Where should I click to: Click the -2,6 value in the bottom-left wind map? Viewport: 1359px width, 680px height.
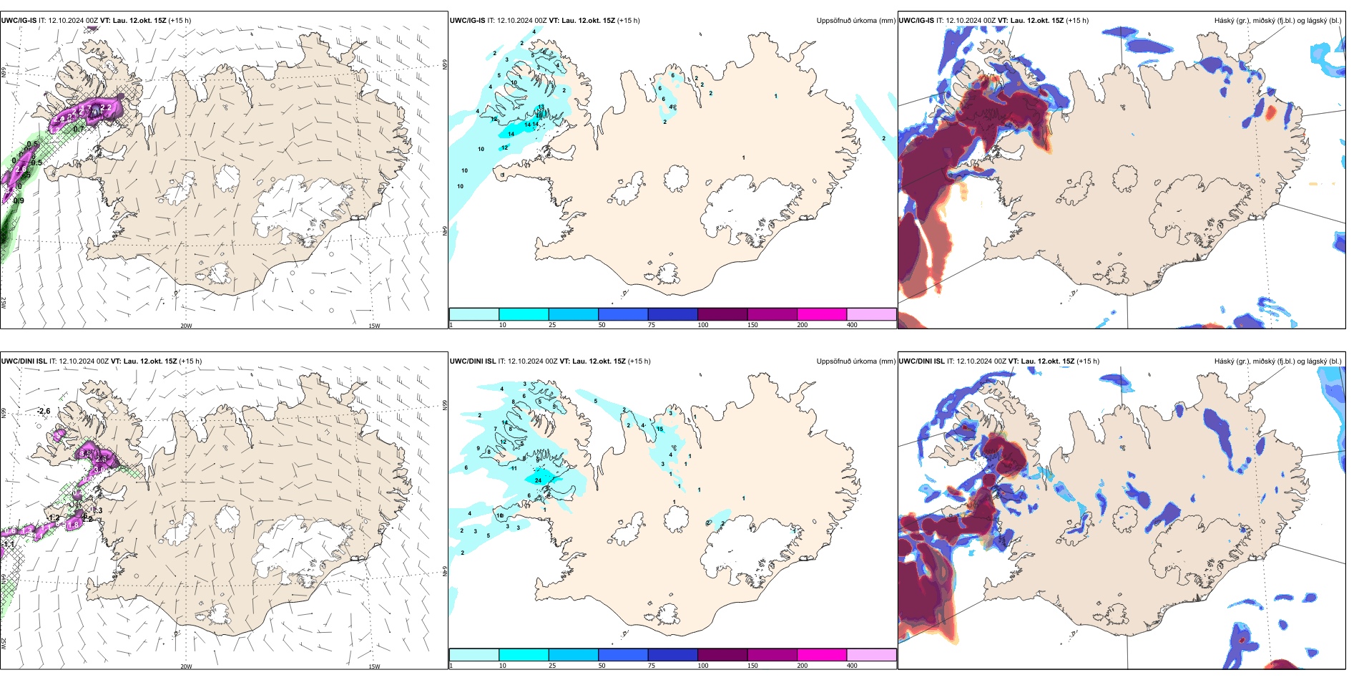point(44,411)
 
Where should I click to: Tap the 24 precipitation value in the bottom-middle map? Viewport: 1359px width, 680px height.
point(538,480)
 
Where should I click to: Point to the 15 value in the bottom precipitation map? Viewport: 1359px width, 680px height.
point(659,429)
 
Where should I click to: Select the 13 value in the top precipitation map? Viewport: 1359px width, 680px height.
point(541,107)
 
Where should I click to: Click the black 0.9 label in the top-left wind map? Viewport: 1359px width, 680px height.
point(19,200)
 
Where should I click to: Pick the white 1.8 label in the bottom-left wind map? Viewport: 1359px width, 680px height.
point(72,525)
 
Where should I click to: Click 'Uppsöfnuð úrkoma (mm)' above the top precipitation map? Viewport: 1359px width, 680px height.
point(855,21)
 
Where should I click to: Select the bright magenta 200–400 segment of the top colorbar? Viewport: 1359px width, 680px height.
point(821,314)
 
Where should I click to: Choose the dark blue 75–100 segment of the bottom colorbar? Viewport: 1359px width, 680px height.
point(672,655)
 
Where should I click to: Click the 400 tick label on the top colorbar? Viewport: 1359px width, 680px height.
point(852,325)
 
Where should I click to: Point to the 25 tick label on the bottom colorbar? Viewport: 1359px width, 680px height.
point(552,666)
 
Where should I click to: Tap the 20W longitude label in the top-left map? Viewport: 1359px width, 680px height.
point(186,326)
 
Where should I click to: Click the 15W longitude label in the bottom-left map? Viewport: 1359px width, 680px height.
point(374,666)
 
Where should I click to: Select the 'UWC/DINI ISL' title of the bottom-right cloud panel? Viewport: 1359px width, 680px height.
point(921,361)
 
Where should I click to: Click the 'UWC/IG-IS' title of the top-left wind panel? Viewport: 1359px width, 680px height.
point(19,21)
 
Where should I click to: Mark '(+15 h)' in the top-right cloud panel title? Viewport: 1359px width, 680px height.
point(1077,21)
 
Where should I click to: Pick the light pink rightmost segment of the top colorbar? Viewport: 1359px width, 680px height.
point(871,314)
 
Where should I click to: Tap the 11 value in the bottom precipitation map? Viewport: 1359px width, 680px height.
point(514,468)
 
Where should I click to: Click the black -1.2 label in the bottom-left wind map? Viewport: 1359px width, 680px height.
point(54,518)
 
